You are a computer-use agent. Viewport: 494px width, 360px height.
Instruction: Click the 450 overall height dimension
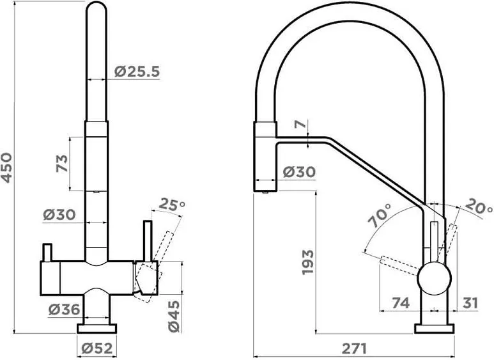[8, 167]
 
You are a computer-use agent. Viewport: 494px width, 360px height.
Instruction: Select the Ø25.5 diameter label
[137, 72]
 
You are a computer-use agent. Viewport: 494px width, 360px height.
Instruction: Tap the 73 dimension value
[62, 163]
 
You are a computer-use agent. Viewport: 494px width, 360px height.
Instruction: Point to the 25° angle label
[171, 205]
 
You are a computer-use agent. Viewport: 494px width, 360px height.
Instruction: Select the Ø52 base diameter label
[97, 348]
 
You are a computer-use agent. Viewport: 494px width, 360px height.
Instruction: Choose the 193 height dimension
[309, 262]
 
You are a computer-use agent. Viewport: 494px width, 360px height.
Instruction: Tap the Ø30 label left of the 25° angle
[60, 215]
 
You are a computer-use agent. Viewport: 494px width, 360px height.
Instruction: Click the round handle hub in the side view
[434, 279]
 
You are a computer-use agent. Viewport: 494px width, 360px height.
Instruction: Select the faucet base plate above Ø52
[97, 329]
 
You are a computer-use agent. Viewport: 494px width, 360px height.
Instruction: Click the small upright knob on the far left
[47, 252]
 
